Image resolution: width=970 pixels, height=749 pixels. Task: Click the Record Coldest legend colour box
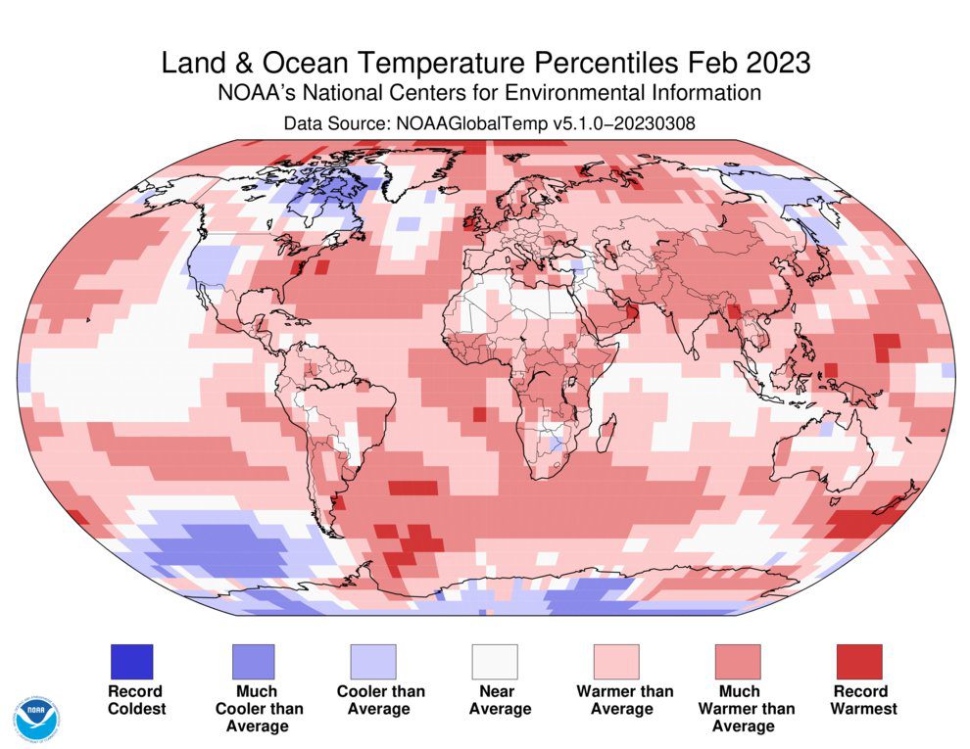pyautogui.click(x=131, y=662)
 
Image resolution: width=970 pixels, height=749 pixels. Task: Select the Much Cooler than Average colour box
pyautogui.click(x=253, y=662)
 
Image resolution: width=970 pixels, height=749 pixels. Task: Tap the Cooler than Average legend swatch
pyautogui.click(x=373, y=662)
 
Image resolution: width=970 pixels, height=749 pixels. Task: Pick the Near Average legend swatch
pyautogui.click(x=495, y=662)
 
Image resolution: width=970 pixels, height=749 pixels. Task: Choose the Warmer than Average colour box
pyautogui.click(x=616, y=662)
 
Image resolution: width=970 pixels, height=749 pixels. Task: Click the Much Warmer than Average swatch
pyautogui.click(x=738, y=662)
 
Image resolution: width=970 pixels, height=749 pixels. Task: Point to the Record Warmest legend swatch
pyautogui.click(x=859, y=662)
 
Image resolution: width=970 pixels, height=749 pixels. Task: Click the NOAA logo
pyautogui.click(x=38, y=720)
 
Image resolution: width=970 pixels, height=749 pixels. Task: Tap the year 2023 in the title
pyautogui.click(x=778, y=63)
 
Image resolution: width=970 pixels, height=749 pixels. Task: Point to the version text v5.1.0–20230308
pyautogui.click(x=624, y=123)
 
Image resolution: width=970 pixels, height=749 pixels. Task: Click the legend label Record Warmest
pyautogui.click(x=863, y=700)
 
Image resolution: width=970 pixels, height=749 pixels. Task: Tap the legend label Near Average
pyautogui.click(x=500, y=700)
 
